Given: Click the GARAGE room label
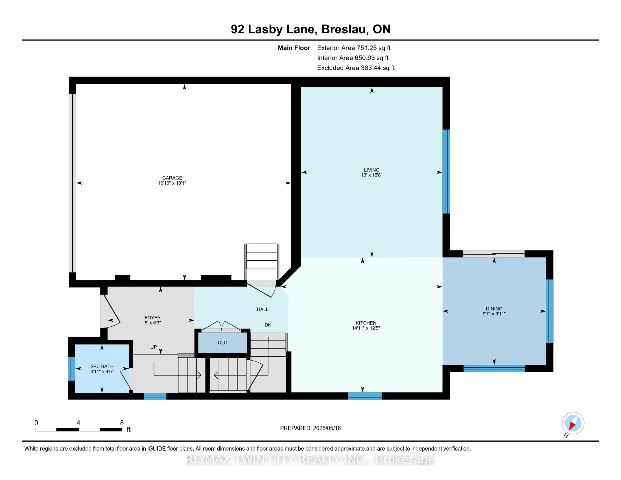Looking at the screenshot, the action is point(172,178).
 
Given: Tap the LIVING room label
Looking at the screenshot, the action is point(372,170).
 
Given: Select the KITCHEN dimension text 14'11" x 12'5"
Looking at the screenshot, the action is point(366,328).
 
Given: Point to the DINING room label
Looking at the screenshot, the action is point(494,309).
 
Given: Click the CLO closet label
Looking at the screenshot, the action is point(223,343).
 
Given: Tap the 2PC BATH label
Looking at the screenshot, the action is point(102,366).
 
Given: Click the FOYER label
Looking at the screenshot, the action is point(153,318).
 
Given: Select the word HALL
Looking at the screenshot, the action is point(263,309).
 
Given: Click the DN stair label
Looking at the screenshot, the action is point(268,325).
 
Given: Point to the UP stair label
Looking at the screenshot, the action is point(154,347).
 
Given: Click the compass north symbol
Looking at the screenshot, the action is point(573,423).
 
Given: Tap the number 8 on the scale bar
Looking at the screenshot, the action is point(122,423).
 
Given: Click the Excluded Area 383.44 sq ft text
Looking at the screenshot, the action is point(356,68).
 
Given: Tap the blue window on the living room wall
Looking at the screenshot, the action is point(446,171).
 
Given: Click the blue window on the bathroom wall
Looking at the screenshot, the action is point(71,368).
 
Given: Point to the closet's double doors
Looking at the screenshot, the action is point(222,326).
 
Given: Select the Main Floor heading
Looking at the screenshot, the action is point(294,48).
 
